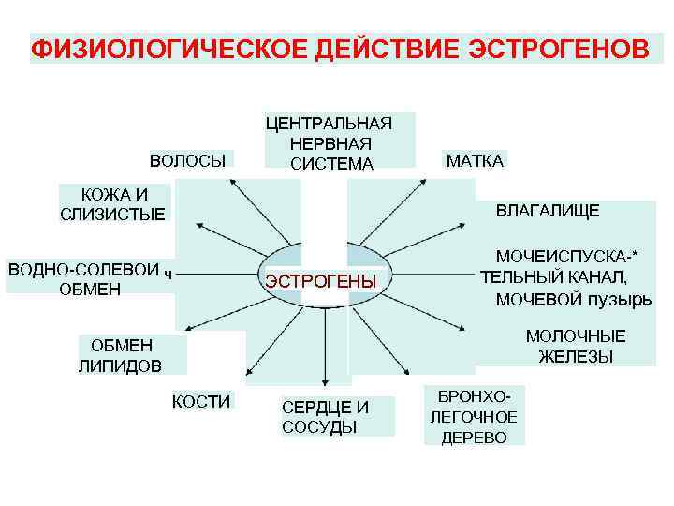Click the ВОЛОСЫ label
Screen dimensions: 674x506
click(187, 160)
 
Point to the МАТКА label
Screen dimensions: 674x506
click(475, 160)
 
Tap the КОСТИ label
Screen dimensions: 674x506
click(201, 402)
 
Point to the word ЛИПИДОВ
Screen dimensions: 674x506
click(120, 365)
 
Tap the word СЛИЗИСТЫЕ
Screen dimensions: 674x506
click(112, 215)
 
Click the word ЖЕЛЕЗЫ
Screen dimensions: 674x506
click(576, 356)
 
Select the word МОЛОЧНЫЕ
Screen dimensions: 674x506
click(576, 336)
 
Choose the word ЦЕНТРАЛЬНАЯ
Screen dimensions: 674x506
click(330, 123)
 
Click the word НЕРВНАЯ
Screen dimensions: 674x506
click(330, 143)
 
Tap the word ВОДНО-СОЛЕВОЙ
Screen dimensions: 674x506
click(83, 269)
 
